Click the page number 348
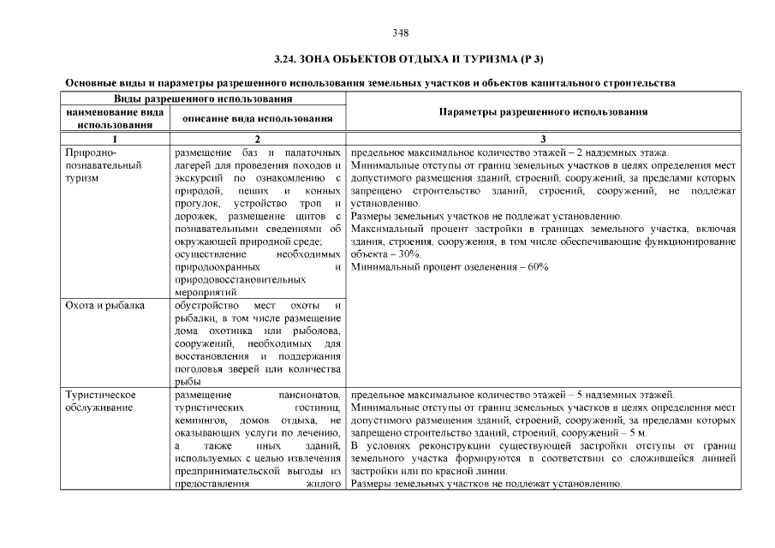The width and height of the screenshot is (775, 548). (x=400, y=33)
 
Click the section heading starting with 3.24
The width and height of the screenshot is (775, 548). (x=408, y=59)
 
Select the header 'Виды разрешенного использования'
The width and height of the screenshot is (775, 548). (x=201, y=99)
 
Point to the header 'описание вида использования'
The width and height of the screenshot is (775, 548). (x=258, y=117)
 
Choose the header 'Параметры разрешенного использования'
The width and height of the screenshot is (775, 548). (x=543, y=111)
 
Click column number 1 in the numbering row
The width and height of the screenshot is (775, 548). (x=114, y=139)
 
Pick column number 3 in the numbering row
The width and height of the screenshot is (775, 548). (x=543, y=139)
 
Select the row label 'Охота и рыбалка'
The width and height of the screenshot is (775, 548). (x=104, y=305)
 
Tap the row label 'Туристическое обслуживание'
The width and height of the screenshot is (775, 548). (x=101, y=401)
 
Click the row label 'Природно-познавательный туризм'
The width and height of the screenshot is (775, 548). (x=103, y=164)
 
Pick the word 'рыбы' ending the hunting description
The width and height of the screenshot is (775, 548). (x=188, y=382)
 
